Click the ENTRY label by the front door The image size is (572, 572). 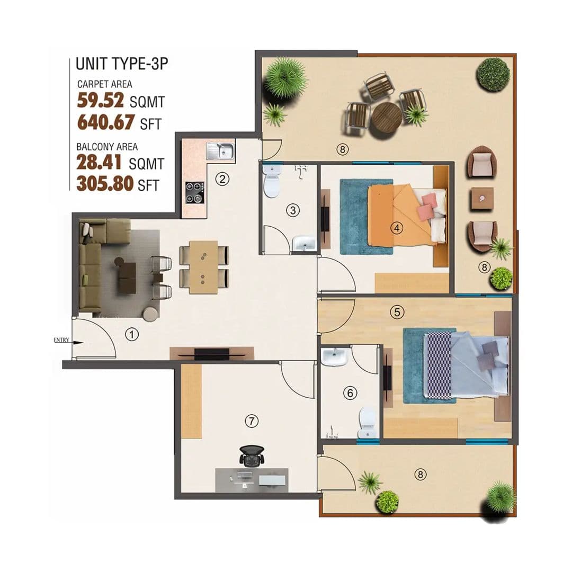[61, 340]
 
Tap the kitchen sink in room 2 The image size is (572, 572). [220, 151]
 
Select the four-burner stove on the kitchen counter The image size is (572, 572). [194, 193]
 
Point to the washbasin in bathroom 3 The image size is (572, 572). [304, 243]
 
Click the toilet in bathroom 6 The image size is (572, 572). [367, 423]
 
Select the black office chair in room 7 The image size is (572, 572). [252, 455]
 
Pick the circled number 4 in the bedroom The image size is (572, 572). [397, 228]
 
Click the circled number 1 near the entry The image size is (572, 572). [132, 334]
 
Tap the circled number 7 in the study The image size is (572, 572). [252, 421]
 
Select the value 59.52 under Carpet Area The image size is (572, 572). [100, 100]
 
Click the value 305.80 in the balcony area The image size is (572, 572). [105, 184]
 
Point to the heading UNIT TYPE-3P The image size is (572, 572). [122, 64]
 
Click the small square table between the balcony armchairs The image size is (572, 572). [482, 199]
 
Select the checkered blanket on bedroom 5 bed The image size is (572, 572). [439, 365]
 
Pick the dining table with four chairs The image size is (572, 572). [204, 267]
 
